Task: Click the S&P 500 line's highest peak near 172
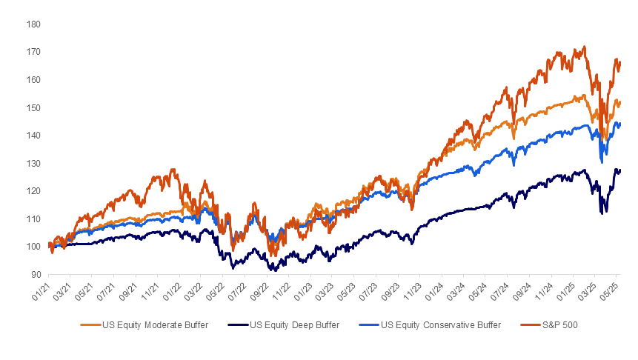pyautogui.click(x=585, y=47)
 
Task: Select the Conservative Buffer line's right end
pyautogui.click(x=620, y=124)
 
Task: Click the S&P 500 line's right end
pyautogui.click(x=620, y=62)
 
